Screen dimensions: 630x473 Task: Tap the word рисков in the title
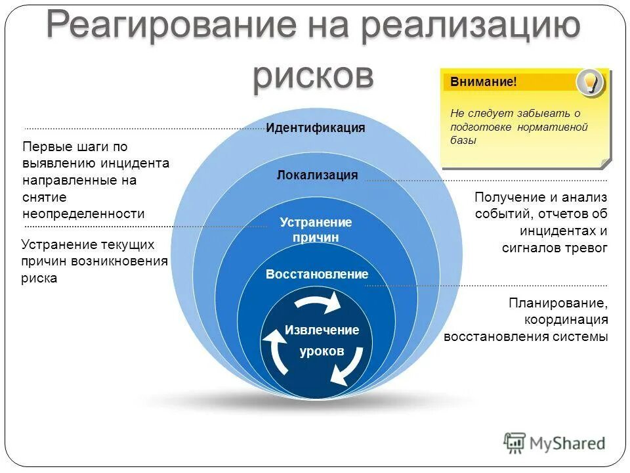click(x=313, y=74)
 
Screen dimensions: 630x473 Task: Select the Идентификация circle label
click(x=315, y=127)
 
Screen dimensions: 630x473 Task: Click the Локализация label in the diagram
click(x=317, y=175)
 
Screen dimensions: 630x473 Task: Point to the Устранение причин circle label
click(x=316, y=229)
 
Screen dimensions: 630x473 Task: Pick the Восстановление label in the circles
click(x=317, y=274)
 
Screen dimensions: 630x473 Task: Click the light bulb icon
click(x=589, y=82)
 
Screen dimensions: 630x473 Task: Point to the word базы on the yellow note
click(x=463, y=140)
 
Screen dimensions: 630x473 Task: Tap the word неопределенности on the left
click(x=83, y=214)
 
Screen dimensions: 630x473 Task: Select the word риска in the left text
click(x=39, y=278)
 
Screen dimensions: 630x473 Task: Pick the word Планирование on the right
click(x=558, y=303)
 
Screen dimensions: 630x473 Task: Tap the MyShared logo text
click(x=568, y=443)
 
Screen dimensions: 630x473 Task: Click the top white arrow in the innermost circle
click(x=318, y=303)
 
